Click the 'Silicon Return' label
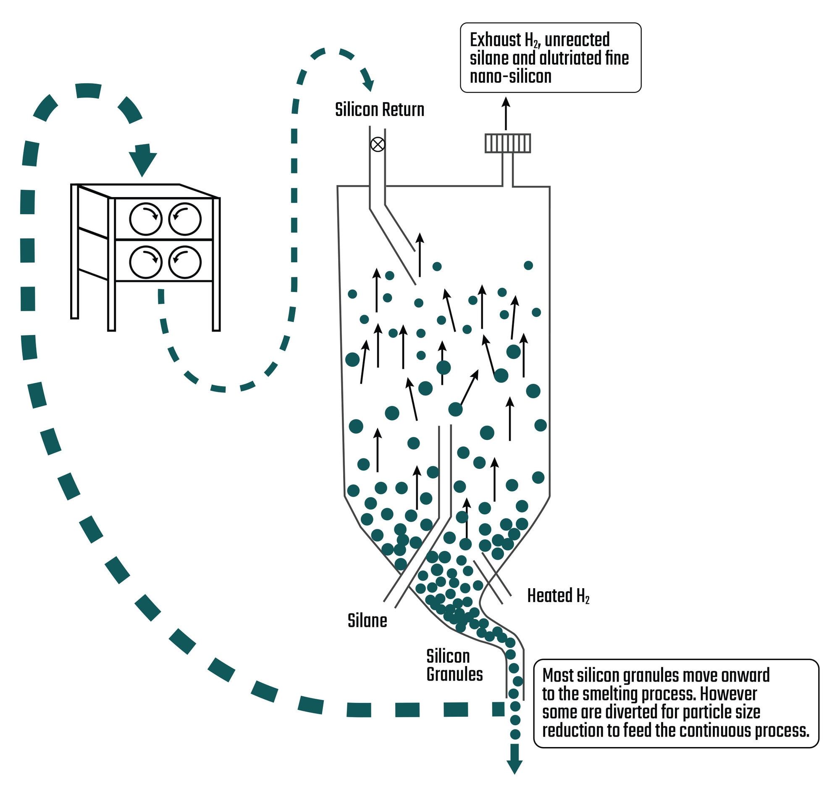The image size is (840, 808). (x=379, y=110)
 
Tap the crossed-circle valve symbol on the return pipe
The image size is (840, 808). (x=377, y=145)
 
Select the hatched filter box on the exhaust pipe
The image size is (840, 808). (x=507, y=143)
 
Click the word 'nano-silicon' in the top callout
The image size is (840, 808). (x=510, y=77)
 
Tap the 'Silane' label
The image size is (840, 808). (x=367, y=621)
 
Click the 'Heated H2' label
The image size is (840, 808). (x=558, y=596)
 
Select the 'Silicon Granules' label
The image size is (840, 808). (x=454, y=665)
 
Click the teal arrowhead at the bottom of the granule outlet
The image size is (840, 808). (x=514, y=766)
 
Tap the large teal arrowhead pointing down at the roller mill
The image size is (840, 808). (x=142, y=163)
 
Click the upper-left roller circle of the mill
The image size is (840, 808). (x=146, y=218)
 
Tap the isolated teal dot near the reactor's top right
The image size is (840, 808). (x=528, y=265)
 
